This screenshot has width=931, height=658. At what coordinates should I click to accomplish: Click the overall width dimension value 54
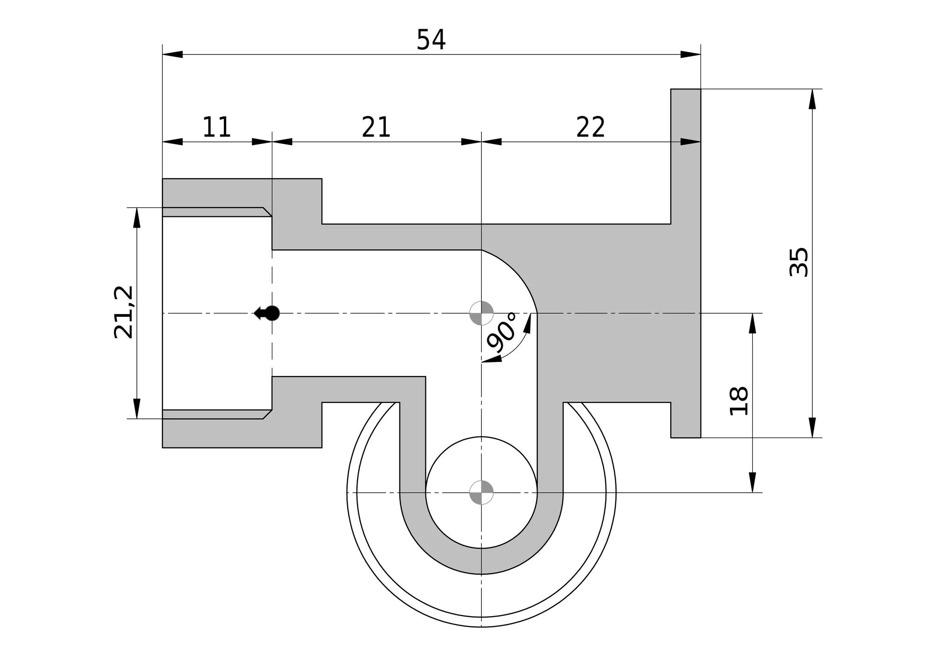pyautogui.click(x=431, y=40)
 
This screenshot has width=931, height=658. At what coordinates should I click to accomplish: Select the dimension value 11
pyautogui.click(x=217, y=127)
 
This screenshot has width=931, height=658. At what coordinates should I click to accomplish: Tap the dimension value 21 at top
pyautogui.click(x=376, y=127)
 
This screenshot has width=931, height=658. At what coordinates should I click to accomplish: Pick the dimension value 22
pyautogui.click(x=591, y=127)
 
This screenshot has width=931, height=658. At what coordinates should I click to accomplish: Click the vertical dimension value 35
pyautogui.click(x=799, y=262)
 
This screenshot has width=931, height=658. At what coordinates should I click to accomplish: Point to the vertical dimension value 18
pyautogui.click(x=739, y=401)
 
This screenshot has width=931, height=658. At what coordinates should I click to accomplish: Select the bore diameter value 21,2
pyautogui.click(x=123, y=312)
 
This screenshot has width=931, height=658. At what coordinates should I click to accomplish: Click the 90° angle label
pyautogui.click(x=502, y=332)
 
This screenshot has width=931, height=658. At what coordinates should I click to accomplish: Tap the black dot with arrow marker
pyautogui.click(x=267, y=313)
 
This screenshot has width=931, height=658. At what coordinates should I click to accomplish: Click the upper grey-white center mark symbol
pyautogui.click(x=481, y=313)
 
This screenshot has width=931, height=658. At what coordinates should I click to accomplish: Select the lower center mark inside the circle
pyautogui.click(x=481, y=492)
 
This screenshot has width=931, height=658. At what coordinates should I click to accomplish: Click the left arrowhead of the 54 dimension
pyautogui.click(x=173, y=54)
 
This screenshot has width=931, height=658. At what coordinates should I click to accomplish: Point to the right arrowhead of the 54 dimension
pyautogui.click(x=690, y=54)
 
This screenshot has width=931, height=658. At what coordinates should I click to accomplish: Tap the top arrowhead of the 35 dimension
pyautogui.click(x=812, y=99)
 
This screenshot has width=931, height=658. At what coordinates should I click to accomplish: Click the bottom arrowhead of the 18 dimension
pyautogui.click(x=752, y=482)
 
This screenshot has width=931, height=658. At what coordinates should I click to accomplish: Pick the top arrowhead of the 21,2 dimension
pyautogui.click(x=137, y=218)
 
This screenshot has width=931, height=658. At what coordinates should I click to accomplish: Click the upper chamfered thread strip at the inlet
pyautogui.click(x=216, y=212)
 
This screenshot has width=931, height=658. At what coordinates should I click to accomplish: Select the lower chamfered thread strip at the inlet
pyautogui.click(x=216, y=414)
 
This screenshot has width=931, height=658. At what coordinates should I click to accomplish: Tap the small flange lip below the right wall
pyautogui.click(x=686, y=420)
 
